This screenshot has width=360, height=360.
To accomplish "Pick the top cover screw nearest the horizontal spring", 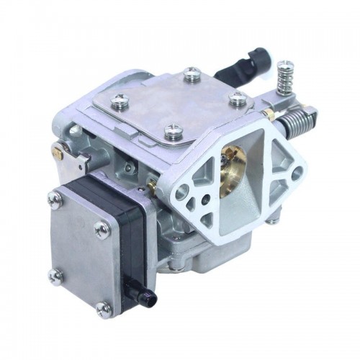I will [238, 99].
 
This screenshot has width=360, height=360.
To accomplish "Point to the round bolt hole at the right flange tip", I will [295, 173].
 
